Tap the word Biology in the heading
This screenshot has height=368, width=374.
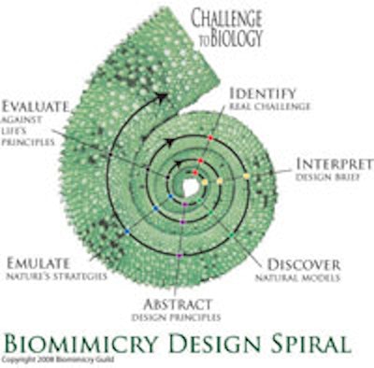tap(240, 38)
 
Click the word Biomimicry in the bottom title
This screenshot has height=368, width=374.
tap(89, 340)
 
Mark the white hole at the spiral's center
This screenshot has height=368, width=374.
tap(190, 187)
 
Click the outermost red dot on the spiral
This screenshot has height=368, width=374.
tap(211, 138)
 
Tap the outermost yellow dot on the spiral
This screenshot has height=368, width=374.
tap(246, 175)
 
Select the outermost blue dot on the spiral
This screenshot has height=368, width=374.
tap(126, 231)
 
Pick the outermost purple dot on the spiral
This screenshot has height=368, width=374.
tap(179, 254)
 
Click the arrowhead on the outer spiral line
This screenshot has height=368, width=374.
tap(163, 95)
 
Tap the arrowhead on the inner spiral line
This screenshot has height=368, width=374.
tap(170, 142)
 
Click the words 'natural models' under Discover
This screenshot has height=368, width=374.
tap(303, 277)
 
